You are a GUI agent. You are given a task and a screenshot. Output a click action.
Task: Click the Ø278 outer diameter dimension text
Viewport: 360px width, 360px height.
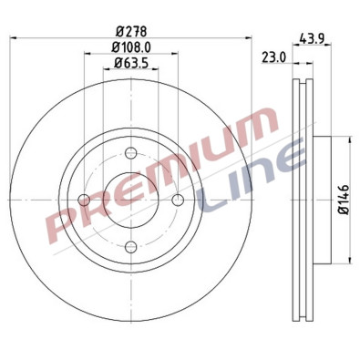[130, 30]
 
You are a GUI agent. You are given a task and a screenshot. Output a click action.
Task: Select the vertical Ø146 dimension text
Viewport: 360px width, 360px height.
[344, 199]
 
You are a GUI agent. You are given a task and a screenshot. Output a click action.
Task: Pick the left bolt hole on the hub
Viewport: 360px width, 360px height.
[85, 201]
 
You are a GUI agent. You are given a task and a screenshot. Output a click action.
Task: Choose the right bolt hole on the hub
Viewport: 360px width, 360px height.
[178, 201]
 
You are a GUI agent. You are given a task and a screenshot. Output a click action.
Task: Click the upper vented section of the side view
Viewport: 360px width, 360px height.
[300, 109]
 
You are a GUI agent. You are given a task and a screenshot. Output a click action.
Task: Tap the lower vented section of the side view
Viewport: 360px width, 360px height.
[300, 287]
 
